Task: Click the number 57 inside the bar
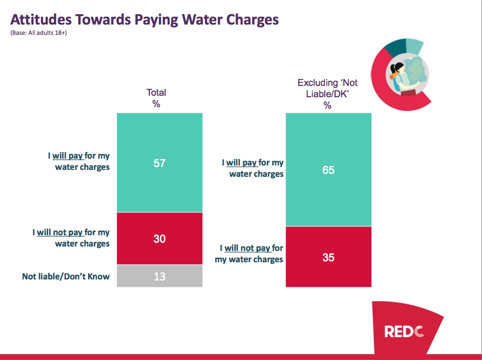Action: [x=159, y=163]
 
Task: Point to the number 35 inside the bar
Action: [x=328, y=257]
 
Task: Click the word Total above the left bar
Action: [x=156, y=92]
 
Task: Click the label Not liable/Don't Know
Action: [x=66, y=277]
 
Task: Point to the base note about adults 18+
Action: [x=38, y=33]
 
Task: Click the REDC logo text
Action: [x=404, y=332]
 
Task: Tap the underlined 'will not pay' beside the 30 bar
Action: [x=59, y=232]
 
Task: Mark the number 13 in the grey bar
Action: [x=159, y=277]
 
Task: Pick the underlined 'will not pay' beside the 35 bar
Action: [x=247, y=249]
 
